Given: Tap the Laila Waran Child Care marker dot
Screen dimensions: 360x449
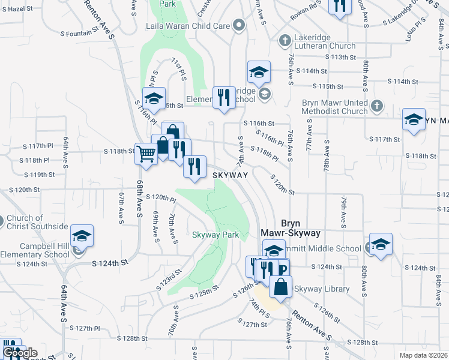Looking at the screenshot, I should (240, 26).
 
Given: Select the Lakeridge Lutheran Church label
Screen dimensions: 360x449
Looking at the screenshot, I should (325, 41).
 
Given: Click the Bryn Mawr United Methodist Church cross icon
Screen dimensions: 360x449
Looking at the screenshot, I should (376, 106).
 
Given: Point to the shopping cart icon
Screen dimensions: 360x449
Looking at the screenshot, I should (146, 153).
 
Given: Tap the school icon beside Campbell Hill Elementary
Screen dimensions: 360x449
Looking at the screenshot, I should (82, 236).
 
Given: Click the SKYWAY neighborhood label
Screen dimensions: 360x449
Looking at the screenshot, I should (231, 175).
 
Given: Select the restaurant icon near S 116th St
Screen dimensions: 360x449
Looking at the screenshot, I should (224, 97).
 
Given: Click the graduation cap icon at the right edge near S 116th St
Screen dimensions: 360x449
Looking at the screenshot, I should (414, 119).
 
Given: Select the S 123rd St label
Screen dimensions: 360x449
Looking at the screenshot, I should (170, 278).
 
